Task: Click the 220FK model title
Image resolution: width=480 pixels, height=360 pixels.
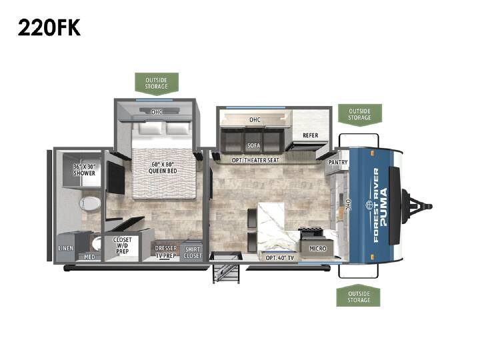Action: [49, 27]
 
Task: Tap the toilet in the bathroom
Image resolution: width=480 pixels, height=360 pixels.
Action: [90, 203]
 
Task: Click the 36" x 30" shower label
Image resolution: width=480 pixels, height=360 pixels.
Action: [85, 170]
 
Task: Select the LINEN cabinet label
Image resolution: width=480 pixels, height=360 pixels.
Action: [66, 248]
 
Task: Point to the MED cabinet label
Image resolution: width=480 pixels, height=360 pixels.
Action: [89, 257]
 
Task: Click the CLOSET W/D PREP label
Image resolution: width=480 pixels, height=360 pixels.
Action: [122, 245]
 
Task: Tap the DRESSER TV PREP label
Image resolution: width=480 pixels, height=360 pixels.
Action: [165, 252]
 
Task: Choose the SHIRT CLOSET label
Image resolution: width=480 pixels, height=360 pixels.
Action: [193, 253]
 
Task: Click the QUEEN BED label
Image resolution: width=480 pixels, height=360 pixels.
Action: [163, 167]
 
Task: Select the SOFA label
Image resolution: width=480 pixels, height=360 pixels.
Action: [254, 145]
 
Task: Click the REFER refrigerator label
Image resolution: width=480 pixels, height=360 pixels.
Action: [311, 135]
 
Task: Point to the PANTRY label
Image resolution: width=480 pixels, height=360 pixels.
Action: [338, 162]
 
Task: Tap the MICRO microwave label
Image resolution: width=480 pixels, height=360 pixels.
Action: [318, 249]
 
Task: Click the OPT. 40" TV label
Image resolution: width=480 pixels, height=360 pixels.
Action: [280, 258]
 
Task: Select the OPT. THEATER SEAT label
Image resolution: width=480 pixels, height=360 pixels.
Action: [255, 160]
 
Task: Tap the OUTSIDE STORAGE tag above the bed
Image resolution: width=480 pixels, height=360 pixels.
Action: [157, 83]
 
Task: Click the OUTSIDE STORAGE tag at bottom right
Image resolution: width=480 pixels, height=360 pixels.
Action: [358, 297]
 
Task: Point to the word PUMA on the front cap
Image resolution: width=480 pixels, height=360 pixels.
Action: [384, 207]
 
